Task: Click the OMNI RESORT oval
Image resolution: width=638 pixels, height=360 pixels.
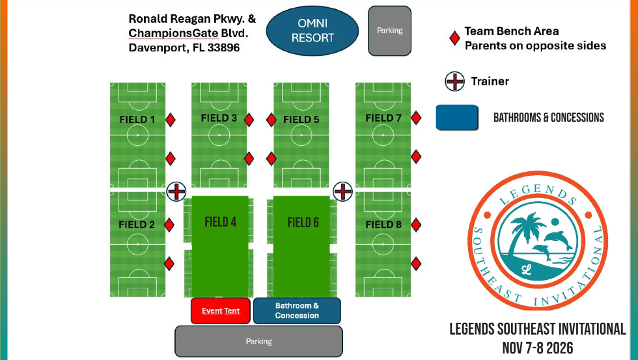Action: [x=312, y=31]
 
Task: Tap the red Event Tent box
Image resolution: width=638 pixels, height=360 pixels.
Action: [x=221, y=311]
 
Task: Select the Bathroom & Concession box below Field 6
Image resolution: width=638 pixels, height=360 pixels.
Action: [x=297, y=311]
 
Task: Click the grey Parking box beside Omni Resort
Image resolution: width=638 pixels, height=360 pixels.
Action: [x=389, y=31]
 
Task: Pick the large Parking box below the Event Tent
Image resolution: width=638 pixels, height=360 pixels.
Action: [x=259, y=341]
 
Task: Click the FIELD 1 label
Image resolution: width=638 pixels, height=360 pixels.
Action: [x=137, y=120]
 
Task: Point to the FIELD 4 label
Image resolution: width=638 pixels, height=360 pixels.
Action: [x=221, y=222]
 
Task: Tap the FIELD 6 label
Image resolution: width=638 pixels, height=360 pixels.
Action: [x=303, y=223]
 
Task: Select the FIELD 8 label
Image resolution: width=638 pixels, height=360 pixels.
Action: [x=383, y=224]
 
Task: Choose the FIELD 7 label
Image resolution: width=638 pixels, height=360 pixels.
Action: [x=383, y=118]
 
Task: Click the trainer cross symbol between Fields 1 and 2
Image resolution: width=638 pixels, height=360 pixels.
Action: [x=176, y=191]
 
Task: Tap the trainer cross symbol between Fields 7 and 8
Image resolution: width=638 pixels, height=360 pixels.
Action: [x=342, y=191]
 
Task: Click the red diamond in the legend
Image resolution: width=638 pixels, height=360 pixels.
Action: [x=454, y=38]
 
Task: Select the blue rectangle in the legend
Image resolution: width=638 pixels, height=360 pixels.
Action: [x=457, y=118]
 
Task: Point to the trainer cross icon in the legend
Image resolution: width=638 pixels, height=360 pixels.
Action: [x=454, y=81]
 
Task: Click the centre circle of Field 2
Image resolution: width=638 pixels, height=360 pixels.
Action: [x=137, y=244]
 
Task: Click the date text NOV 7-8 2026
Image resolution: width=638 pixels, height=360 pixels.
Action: [x=538, y=348]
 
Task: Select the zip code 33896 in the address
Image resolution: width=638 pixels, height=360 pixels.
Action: [x=223, y=48]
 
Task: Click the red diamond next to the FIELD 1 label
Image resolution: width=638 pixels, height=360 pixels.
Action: [x=171, y=120]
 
